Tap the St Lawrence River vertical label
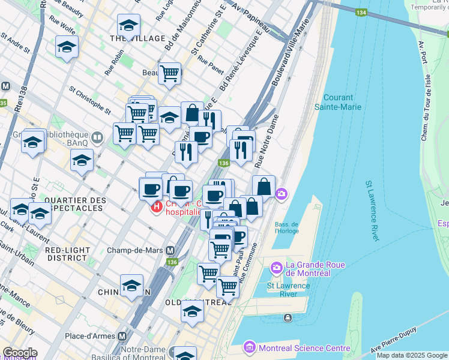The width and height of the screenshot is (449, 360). pos(371,211)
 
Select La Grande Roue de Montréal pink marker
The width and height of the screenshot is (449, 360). pos(276,266)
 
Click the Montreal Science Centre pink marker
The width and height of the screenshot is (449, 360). pos(250,347)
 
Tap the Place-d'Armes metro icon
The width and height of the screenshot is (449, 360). pos(122,337)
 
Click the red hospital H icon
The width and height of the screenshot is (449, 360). pos(157,208)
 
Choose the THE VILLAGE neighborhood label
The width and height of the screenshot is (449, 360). pos(137,38)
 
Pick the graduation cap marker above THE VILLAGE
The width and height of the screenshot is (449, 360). pos(128,26)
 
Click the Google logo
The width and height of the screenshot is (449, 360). pos(20,353)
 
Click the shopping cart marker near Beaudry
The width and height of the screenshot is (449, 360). pos(170,73)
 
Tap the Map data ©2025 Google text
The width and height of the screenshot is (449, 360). pos(412,355)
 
